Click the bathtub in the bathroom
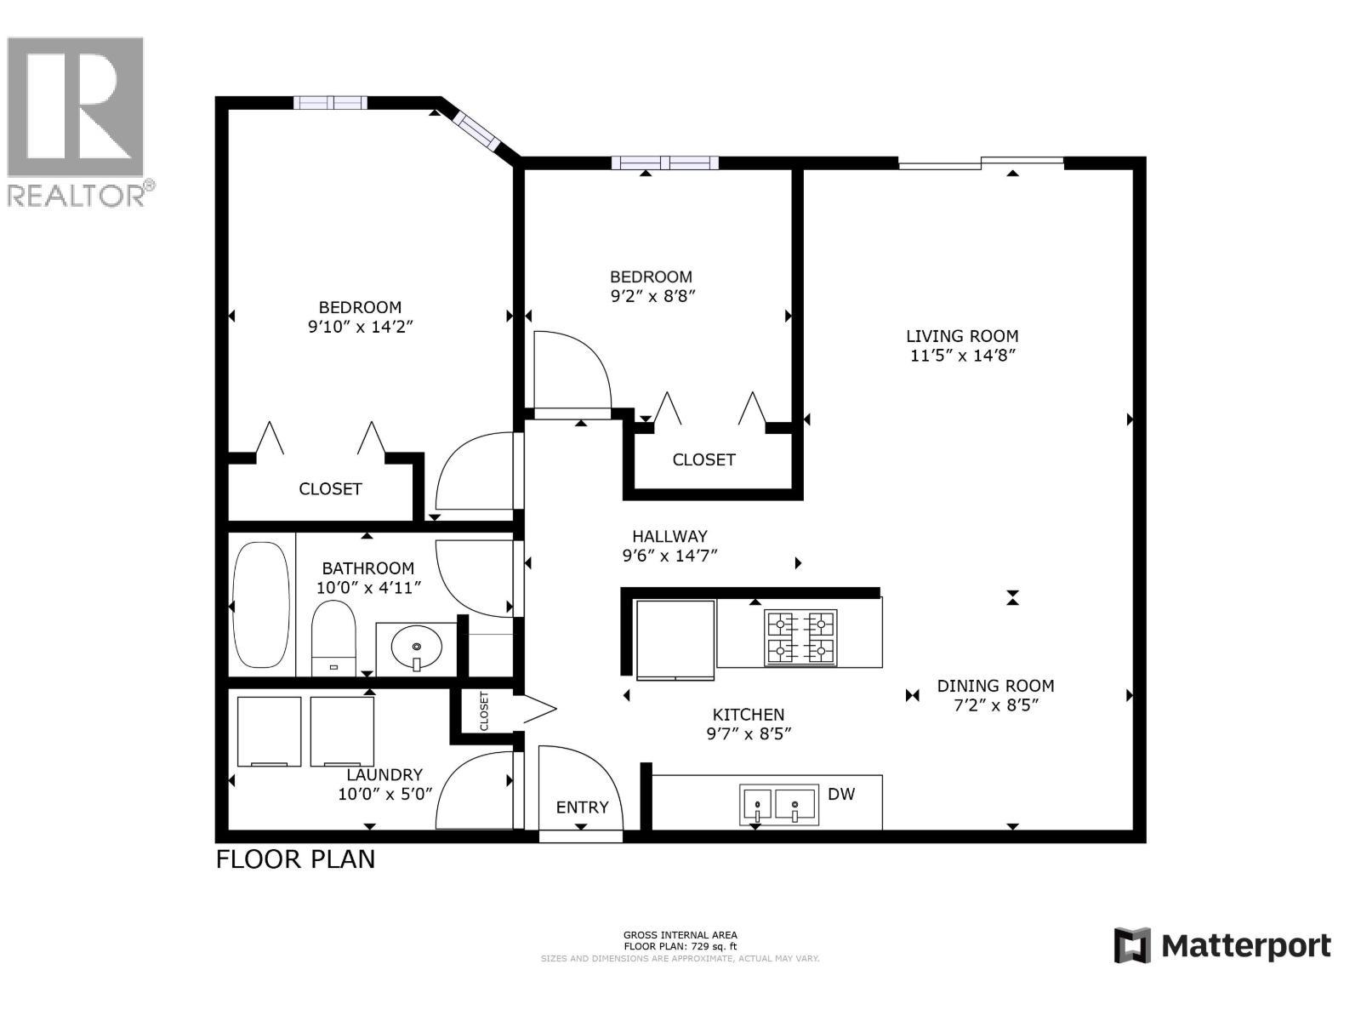click(x=261, y=605)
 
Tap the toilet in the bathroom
click(x=333, y=638)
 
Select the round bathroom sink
click(x=417, y=649)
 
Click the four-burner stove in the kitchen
click(x=800, y=637)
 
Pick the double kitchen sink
click(x=777, y=804)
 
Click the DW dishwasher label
click(x=841, y=794)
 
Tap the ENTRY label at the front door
click(x=582, y=807)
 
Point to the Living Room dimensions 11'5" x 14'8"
click(x=962, y=356)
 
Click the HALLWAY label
click(x=669, y=536)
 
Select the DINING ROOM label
click(x=995, y=685)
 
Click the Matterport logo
click(x=1222, y=945)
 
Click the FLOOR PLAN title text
click(x=295, y=859)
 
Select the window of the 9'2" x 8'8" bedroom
click(x=664, y=163)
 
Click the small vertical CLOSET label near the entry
click(x=484, y=710)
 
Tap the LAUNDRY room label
click(x=384, y=774)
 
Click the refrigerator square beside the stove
click(x=675, y=640)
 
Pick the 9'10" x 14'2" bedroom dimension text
click(x=360, y=326)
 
